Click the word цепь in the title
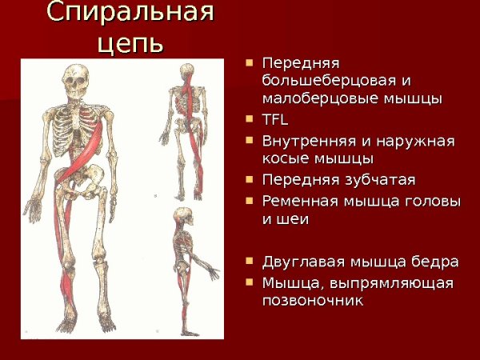point(130,42)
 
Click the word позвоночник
point(313,302)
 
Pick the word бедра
point(436,262)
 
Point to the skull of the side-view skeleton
point(183,217)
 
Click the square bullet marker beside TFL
point(250,120)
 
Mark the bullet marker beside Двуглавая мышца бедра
point(250,261)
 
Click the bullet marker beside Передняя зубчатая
point(250,179)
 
